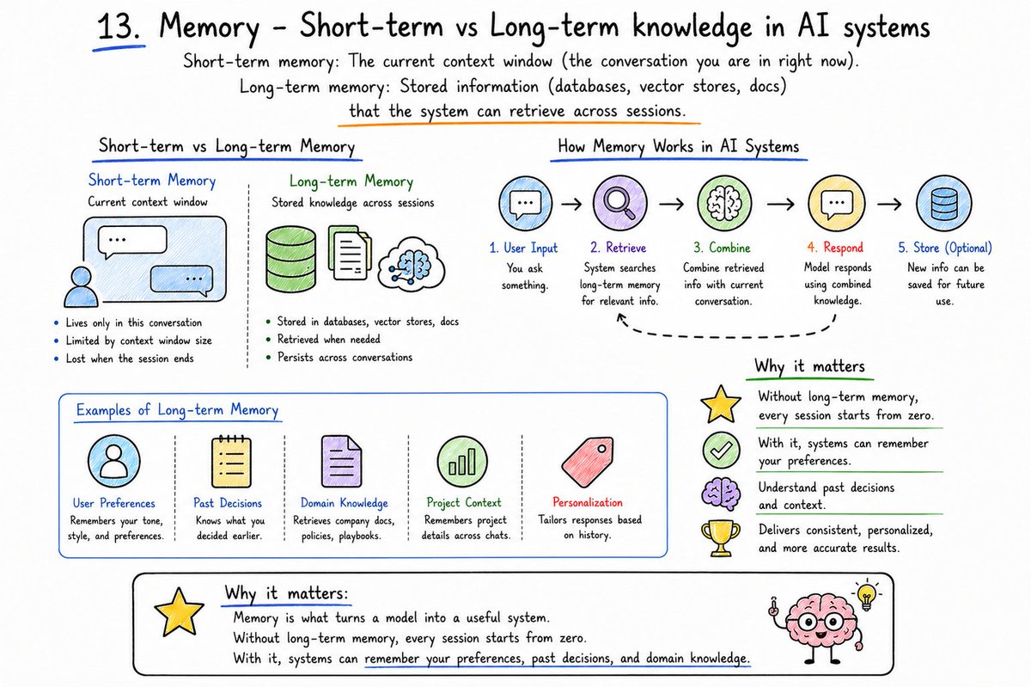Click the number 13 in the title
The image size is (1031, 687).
tap(119, 27)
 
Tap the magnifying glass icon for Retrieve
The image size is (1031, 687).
tap(619, 203)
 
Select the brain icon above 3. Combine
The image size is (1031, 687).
tap(724, 203)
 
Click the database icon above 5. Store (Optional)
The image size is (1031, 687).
tap(944, 203)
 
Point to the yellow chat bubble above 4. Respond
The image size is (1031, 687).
tap(836, 203)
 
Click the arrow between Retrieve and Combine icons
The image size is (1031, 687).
tap(672, 204)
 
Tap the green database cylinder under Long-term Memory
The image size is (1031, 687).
tap(291, 259)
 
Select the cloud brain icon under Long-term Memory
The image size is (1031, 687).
tap(411, 264)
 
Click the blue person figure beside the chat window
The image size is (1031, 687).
tap(81, 287)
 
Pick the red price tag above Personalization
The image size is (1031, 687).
tap(588, 462)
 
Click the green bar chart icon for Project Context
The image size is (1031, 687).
tap(461, 461)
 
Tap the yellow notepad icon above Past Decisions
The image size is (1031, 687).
tap(231, 461)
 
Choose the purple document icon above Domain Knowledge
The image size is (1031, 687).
tap(341, 461)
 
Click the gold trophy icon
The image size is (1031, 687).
tap(721, 537)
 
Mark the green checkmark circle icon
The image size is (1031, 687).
tap(721, 451)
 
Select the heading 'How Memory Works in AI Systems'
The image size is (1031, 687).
tap(678, 146)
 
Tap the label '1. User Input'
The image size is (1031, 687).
tap(523, 248)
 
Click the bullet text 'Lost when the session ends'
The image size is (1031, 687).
tap(130, 359)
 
